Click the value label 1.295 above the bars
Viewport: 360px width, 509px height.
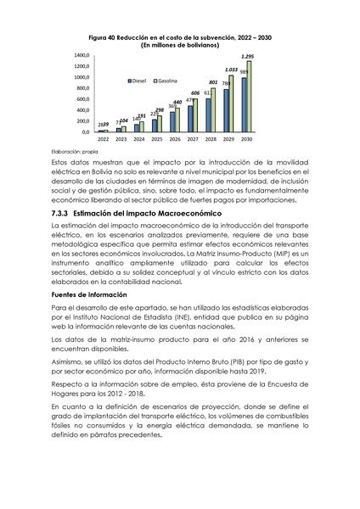[247, 56]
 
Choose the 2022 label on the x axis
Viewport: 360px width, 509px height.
[104, 138]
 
